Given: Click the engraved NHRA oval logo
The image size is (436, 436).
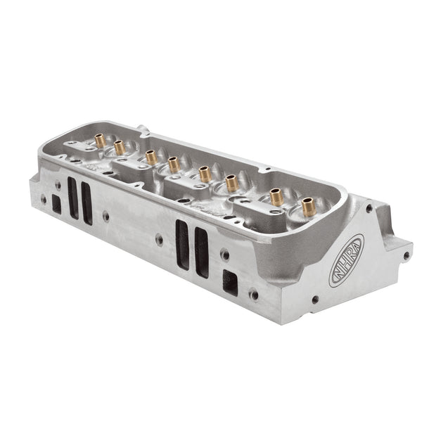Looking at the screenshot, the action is pyautogui.click(x=346, y=260).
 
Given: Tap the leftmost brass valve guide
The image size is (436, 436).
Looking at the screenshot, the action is pyautogui.click(x=100, y=141).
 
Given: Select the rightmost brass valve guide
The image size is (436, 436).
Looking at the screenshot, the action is pyautogui.click(x=309, y=207).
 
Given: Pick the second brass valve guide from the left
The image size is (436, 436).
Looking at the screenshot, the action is pyautogui.click(x=120, y=148).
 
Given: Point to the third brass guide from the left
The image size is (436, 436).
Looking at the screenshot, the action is pyautogui.click(x=151, y=157).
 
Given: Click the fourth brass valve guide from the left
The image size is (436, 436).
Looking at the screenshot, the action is pyautogui.click(x=174, y=165).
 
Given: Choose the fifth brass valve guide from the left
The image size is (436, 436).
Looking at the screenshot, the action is pyautogui.click(x=205, y=174).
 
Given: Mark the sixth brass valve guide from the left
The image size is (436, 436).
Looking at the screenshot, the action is pyautogui.click(x=232, y=183).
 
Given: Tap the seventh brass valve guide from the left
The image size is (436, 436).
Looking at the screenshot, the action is pyautogui.click(x=276, y=197).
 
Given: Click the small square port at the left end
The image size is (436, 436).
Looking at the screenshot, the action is pyautogui.click(x=56, y=204).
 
